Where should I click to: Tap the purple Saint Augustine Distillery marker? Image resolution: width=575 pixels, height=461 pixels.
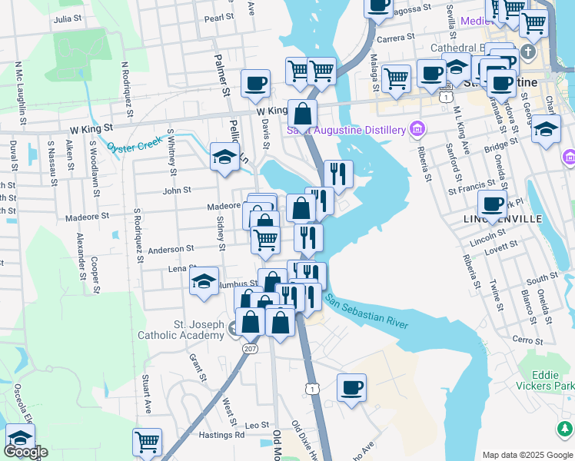[418, 128]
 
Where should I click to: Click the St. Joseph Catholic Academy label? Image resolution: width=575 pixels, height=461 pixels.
[180, 329]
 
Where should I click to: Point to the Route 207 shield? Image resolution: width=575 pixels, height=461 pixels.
[252, 349]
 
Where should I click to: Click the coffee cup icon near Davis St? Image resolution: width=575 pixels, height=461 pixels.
[255, 84]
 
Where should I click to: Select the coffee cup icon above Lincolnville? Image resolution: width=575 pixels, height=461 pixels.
[492, 204]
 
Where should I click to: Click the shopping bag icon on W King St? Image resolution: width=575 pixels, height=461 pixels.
[304, 114]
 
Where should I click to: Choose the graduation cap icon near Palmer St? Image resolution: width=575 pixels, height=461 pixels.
[224, 158]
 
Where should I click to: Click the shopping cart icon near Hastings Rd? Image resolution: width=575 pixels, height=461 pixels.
[147, 442]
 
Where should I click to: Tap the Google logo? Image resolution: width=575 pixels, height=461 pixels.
[25, 453]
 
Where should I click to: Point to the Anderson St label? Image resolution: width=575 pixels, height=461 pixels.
[171, 250]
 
